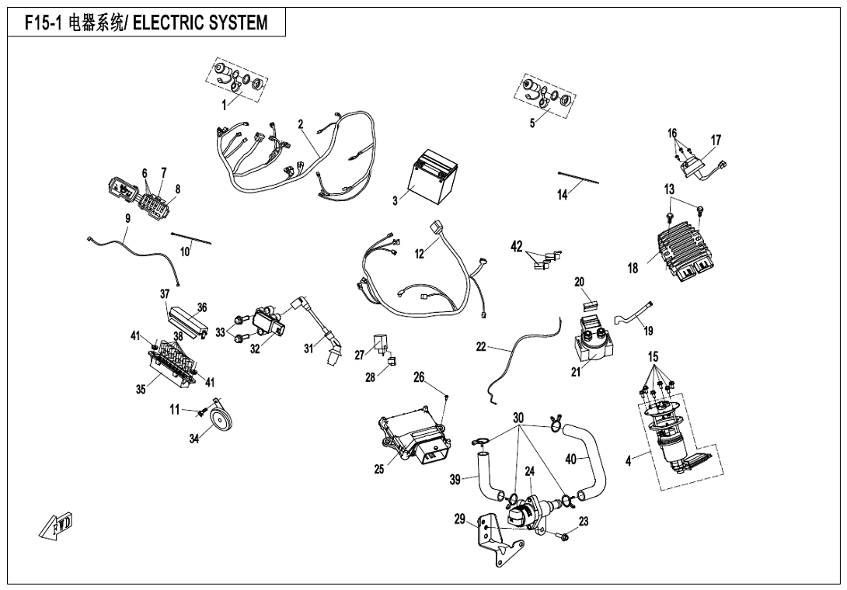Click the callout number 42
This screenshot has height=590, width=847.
pyautogui.click(x=517, y=247)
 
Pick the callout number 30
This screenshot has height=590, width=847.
pyautogui.click(x=518, y=417)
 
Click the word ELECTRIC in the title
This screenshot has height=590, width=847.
pyautogui.click(x=169, y=23)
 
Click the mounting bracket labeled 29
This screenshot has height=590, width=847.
pyautogui.click(x=496, y=537)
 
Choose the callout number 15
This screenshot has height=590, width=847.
pyautogui.click(x=654, y=356)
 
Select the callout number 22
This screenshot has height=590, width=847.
pyautogui.click(x=481, y=347)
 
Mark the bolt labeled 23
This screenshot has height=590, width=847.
pyautogui.click(x=563, y=536)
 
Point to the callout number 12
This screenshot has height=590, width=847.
pyautogui.click(x=420, y=253)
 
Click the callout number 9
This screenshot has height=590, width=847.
pyautogui.click(x=127, y=218)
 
